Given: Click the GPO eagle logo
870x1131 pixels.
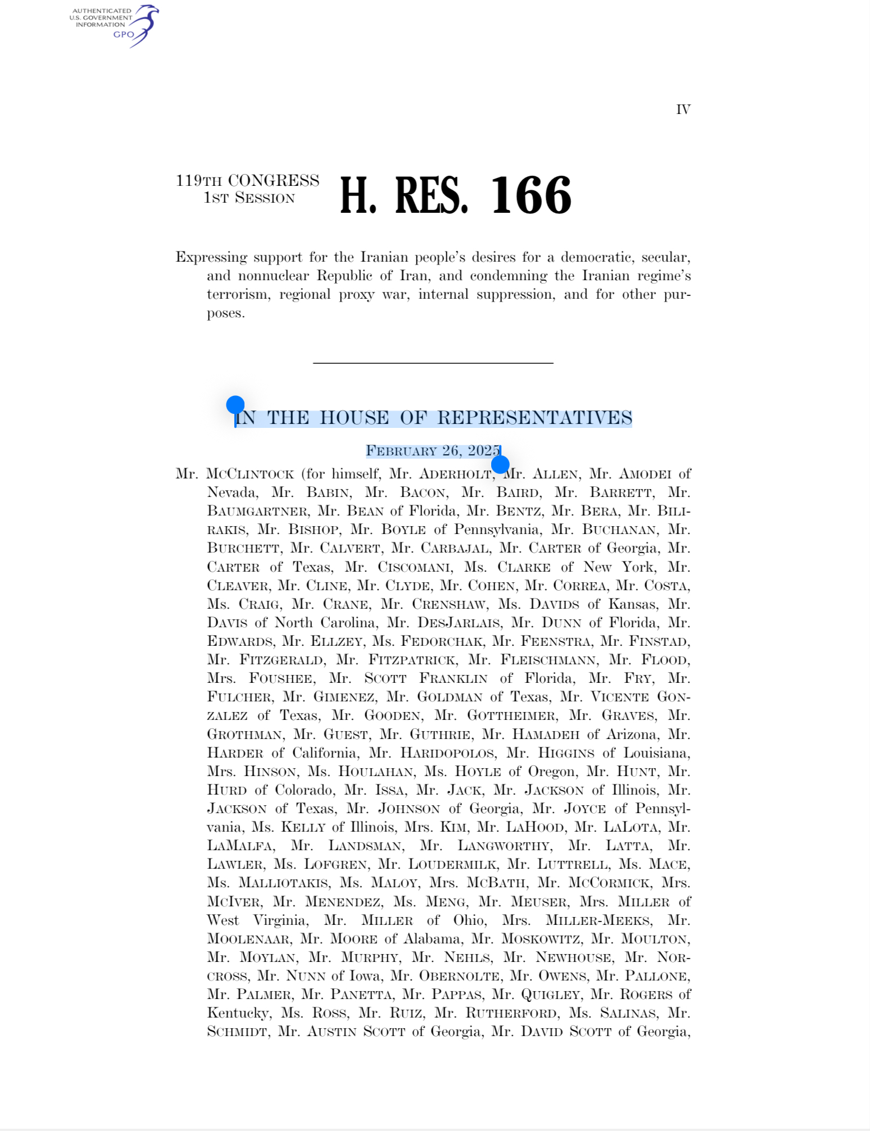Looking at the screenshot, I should tap(143, 25).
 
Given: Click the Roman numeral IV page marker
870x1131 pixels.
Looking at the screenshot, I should tap(683, 110).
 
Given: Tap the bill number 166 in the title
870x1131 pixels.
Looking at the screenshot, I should tap(531, 195).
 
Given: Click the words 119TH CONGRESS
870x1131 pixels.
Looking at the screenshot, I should tap(247, 181).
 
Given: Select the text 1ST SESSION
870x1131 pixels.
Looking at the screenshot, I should tap(249, 198).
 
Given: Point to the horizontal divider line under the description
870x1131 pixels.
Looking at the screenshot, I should tap(433, 363).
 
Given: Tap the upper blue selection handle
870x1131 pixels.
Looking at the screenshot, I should tap(235, 404).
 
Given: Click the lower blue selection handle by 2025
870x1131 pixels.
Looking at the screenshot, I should tap(500, 464).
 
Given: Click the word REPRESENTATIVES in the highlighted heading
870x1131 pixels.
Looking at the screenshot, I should tap(534, 418).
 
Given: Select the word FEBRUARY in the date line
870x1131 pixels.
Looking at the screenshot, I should tap(401, 451).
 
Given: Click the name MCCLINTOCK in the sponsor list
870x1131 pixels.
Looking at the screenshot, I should tap(250, 474).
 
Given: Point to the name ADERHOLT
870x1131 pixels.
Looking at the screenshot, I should tap(455, 474).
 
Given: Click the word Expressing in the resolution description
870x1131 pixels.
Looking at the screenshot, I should tap(211, 257).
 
